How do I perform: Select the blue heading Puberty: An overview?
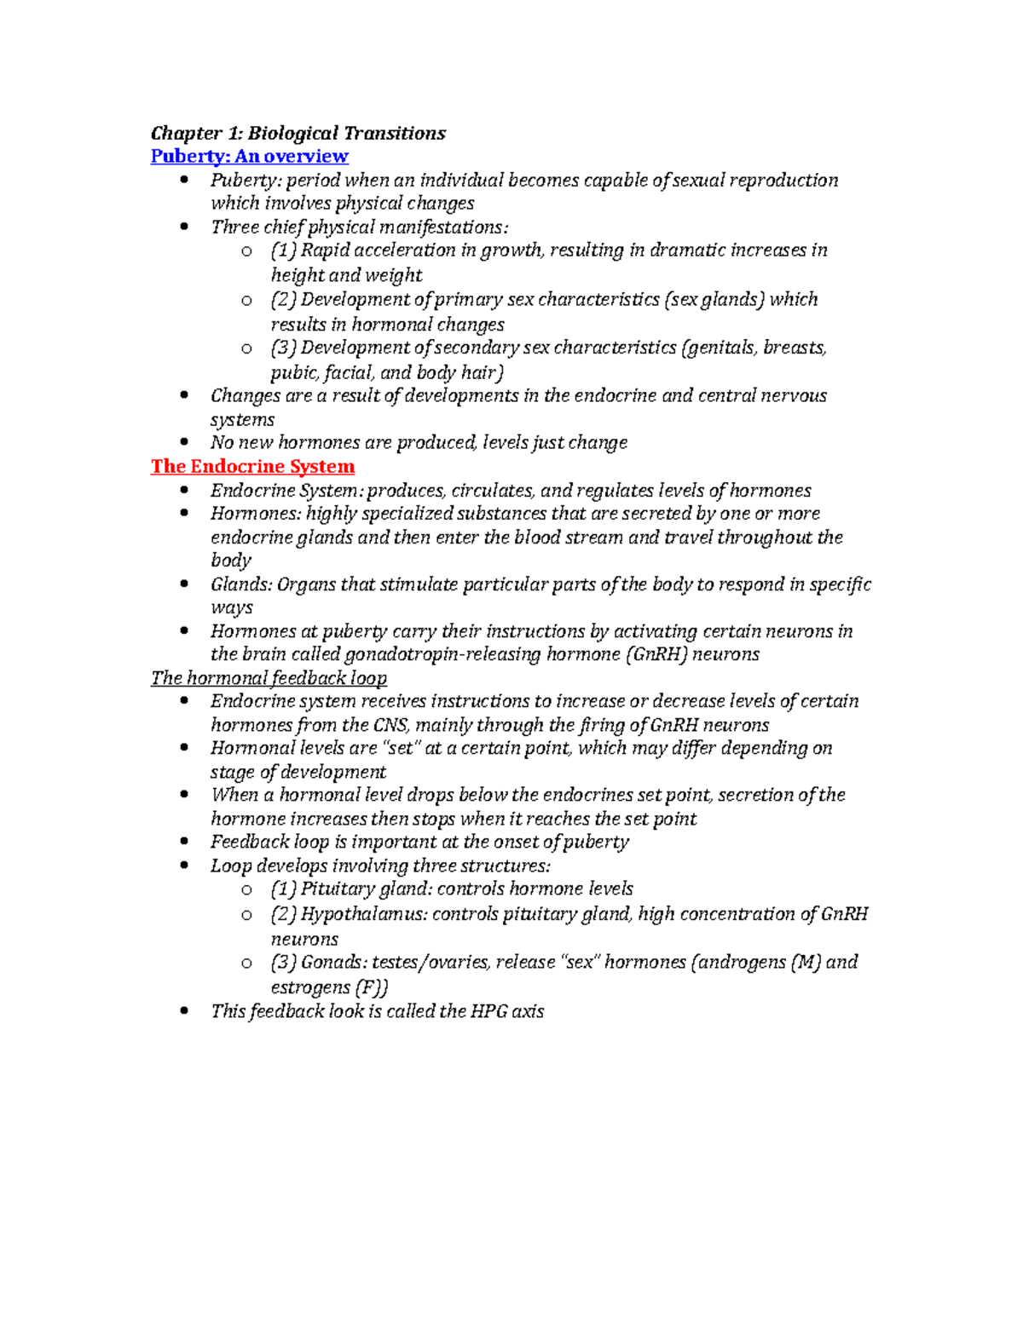point(249,156)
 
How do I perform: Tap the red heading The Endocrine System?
point(252,466)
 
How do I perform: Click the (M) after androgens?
point(806,962)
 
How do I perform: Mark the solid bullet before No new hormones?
point(185,442)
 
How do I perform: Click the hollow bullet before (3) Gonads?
point(246,963)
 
